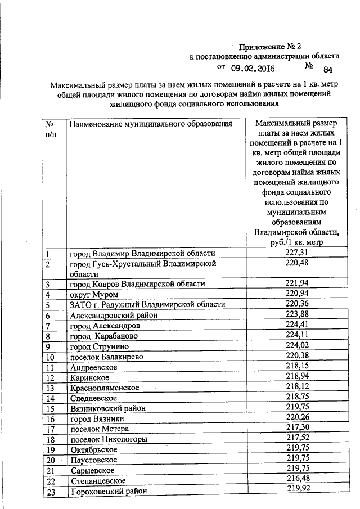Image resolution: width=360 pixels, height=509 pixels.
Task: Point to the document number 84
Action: tap(328, 70)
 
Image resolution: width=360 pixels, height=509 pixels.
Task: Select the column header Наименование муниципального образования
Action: tap(151, 123)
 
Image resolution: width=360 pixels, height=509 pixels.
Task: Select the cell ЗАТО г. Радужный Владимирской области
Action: tap(147, 304)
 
